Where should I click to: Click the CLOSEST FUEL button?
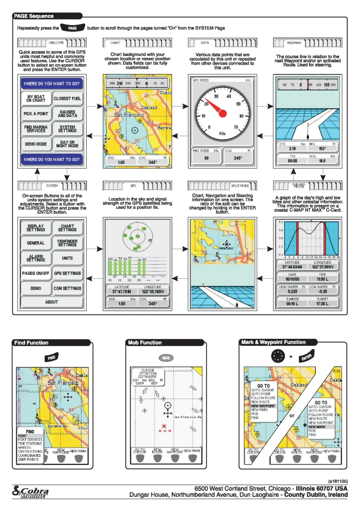(x=67, y=98)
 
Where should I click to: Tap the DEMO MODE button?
(x=36, y=144)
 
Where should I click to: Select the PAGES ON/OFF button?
(x=36, y=273)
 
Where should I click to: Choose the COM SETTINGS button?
(x=67, y=288)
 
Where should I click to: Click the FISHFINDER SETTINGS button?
(x=67, y=242)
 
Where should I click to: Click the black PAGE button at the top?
(x=72, y=28)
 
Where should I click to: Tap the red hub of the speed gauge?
(x=222, y=113)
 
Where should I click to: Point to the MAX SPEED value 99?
(x=206, y=158)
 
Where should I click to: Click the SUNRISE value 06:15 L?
(x=292, y=303)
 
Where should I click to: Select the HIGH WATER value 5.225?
(x=292, y=291)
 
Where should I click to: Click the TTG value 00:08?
(x=292, y=160)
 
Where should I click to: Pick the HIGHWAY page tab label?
(x=294, y=43)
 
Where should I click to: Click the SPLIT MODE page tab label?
(x=240, y=186)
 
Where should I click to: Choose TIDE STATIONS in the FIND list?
(x=30, y=444)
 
